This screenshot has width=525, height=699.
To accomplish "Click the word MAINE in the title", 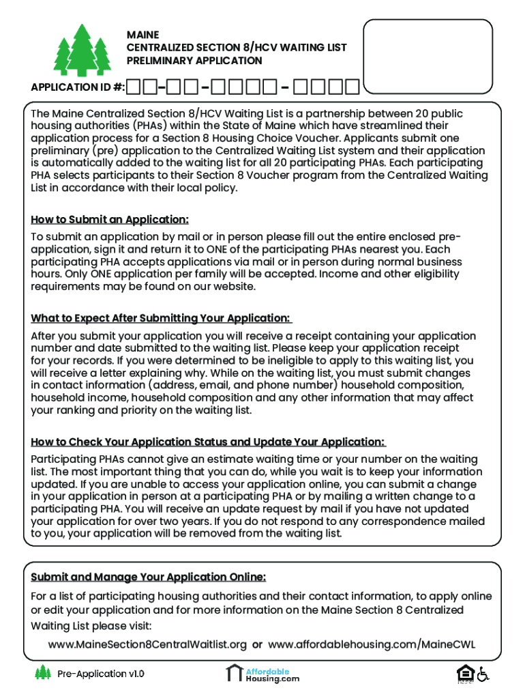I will coord(142,35).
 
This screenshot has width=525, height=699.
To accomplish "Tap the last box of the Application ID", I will coord(352,87).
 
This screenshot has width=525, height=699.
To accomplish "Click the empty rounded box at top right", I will coord(427,56).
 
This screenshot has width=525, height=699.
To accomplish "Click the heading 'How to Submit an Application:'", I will coord(110,220).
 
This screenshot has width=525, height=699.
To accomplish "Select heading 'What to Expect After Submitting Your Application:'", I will coord(161,319).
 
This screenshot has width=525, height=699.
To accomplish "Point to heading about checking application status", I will coord(208,442).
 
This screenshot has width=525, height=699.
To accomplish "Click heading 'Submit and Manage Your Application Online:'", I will coord(148,577).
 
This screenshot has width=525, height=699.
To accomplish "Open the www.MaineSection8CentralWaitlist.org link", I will coord(147,645).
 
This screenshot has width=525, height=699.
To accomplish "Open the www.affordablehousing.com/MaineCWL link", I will coord(372,645).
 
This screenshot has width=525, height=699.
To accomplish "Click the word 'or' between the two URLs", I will coord(257,645).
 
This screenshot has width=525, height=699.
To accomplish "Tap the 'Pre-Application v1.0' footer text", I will coord(101,674).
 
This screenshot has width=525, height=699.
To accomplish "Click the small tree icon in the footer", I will coord(43,673).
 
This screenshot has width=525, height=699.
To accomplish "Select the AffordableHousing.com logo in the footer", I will coord(263,674).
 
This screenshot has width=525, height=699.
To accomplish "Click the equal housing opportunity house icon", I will coord(464,673).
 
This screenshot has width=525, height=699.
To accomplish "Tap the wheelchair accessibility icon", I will coord(483,674).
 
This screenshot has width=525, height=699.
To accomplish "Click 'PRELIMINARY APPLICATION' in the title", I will coord(194,61).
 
